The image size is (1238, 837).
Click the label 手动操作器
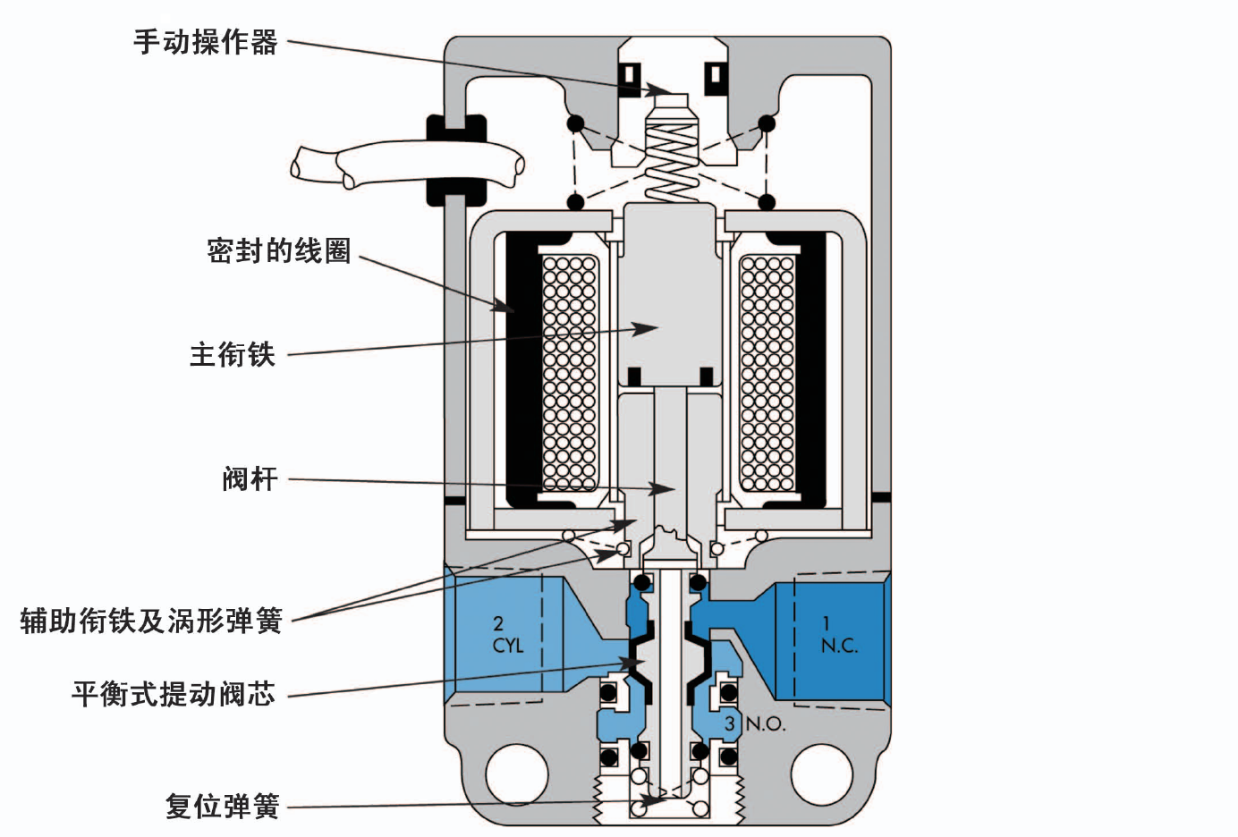[206, 42]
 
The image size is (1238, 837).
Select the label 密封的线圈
[278, 251]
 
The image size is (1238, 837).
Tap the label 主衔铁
[233, 355]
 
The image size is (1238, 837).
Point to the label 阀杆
[250, 479]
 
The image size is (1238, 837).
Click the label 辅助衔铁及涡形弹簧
[151, 621]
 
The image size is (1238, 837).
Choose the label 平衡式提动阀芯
[174, 694]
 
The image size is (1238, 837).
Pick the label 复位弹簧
[223, 806]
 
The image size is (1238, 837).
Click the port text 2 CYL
[506, 634]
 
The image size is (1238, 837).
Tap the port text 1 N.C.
[837, 634]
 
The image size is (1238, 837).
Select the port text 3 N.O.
[754, 723]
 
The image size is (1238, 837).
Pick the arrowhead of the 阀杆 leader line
[666, 489]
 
